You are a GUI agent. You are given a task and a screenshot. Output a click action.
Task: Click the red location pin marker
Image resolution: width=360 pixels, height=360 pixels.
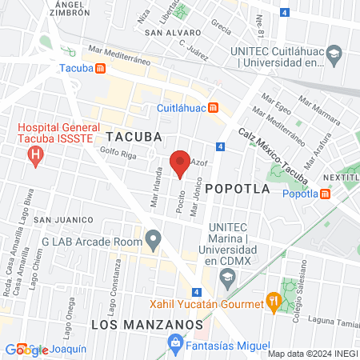181,163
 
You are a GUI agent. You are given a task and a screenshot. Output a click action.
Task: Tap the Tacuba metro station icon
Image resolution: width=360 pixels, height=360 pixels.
100,69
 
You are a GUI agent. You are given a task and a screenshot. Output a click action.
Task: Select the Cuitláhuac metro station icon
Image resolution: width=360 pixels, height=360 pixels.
213,108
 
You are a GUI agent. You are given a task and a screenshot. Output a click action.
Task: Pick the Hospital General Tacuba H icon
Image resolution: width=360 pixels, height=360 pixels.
35,155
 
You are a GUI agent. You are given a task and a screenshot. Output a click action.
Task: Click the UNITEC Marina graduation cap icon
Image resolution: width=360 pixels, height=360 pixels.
227,278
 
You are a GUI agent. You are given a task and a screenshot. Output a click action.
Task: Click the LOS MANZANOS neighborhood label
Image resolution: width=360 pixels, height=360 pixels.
135,324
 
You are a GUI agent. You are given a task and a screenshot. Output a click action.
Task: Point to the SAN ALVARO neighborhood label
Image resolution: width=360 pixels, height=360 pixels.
172,34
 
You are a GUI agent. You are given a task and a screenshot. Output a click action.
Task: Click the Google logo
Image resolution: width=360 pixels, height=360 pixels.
26,349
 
